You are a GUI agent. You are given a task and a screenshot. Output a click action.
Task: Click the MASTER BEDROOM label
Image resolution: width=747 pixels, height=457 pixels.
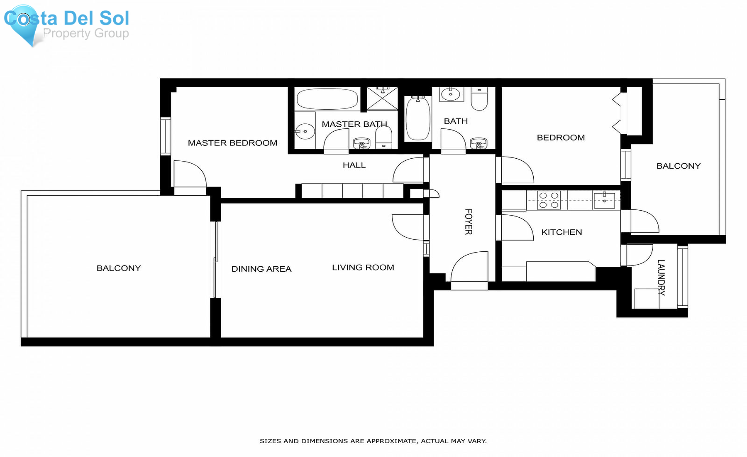click(x=232, y=143)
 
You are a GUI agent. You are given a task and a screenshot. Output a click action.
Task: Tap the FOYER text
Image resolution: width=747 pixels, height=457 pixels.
click(x=469, y=222)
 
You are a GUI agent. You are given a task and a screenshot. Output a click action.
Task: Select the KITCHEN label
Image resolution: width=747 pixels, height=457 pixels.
click(x=561, y=232)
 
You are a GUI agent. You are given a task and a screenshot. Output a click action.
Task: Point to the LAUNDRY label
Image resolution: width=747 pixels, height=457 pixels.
click(x=661, y=277)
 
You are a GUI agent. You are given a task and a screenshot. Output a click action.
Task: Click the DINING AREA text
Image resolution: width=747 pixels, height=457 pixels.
click(x=261, y=269)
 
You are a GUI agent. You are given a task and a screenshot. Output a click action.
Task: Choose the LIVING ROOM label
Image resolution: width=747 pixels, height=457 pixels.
click(x=363, y=268)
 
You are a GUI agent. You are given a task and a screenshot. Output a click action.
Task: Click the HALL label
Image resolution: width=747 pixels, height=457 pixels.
click(x=354, y=165)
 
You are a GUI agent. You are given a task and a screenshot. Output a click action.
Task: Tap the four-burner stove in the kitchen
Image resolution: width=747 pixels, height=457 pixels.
click(x=549, y=200)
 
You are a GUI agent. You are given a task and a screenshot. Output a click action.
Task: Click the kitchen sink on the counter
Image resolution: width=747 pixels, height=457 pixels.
click(x=604, y=201)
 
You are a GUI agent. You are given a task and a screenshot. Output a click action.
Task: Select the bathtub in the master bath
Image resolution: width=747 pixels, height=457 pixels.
click(x=327, y=99)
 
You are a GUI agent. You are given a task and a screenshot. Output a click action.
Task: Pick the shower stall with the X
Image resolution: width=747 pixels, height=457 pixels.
click(x=382, y=98)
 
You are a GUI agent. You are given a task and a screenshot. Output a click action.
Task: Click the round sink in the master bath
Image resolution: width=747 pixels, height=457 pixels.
click(x=305, y=131)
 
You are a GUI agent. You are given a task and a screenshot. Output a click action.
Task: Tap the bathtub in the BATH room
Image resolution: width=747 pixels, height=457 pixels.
click(x=417, y=118)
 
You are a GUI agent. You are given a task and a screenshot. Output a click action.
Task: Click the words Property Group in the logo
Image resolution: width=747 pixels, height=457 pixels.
click(x=86, y=33)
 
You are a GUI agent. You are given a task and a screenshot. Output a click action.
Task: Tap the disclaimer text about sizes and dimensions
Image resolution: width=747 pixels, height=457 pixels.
click(x=373, y=441)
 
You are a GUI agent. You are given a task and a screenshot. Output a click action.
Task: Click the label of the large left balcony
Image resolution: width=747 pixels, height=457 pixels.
click(x=119, y=268)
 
